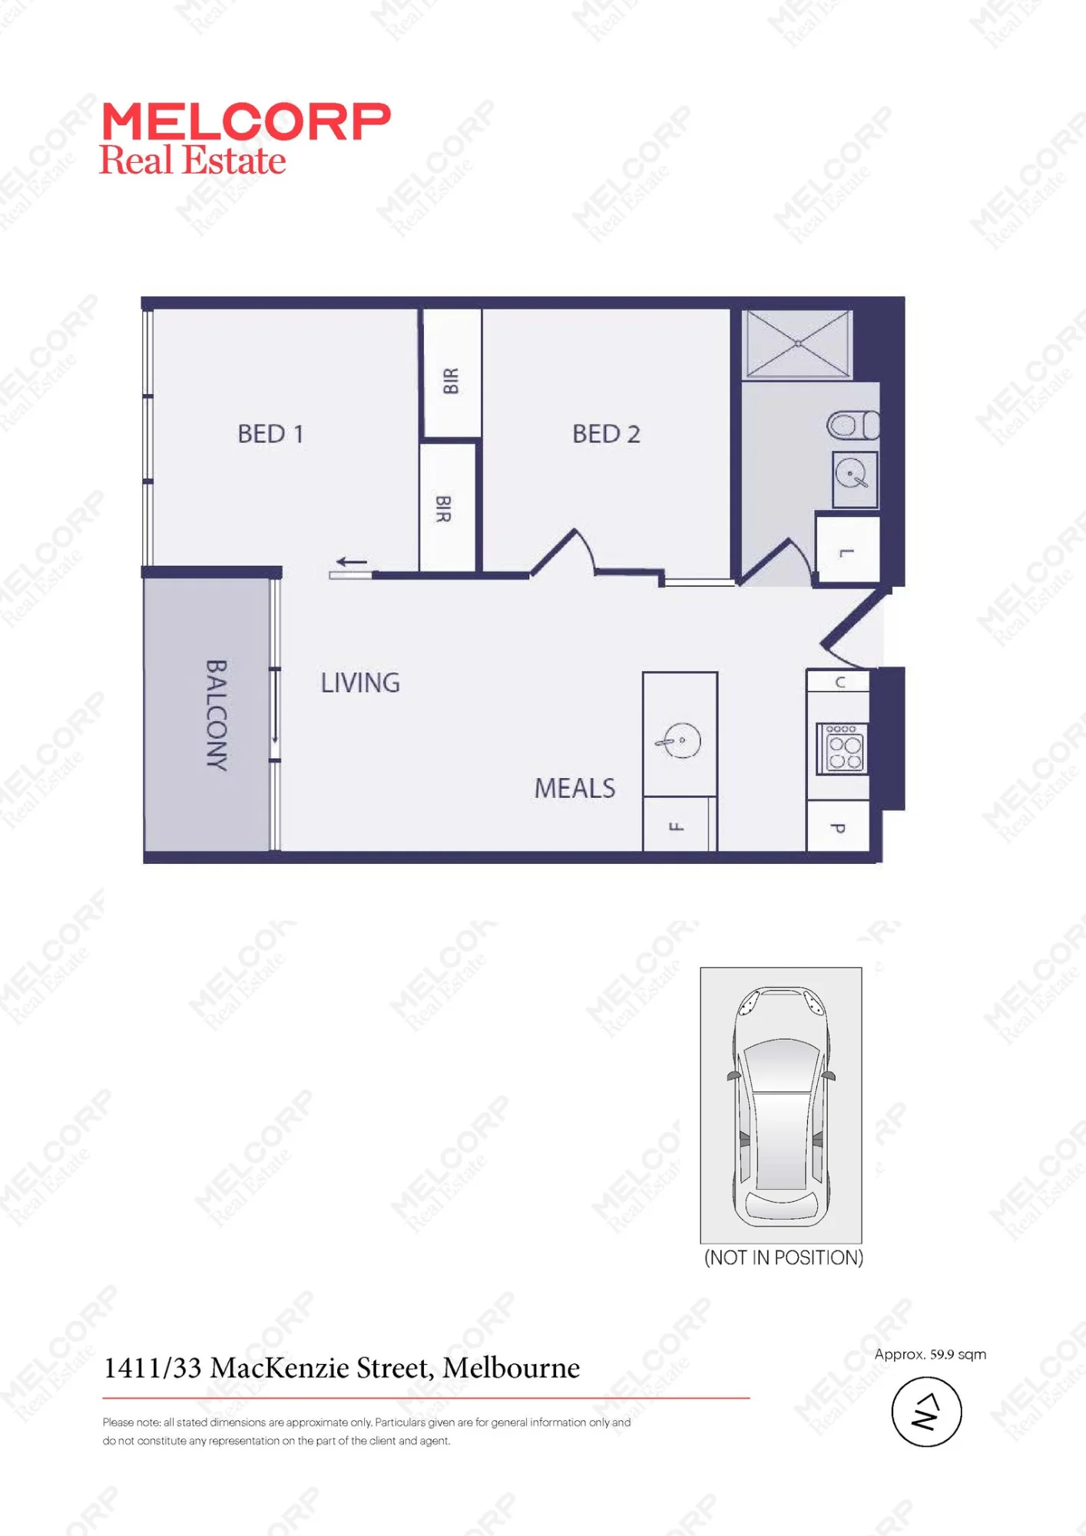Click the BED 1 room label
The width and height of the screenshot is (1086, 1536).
tap(270, 434)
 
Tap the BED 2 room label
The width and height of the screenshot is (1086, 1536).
tap(606, 434)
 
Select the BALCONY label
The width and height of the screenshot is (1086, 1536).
tap(217, 715)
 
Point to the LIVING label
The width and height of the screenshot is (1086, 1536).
tap(360, 683)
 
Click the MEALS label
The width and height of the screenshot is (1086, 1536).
tap(574, 788)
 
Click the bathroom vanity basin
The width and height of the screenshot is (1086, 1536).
tap(855, 478)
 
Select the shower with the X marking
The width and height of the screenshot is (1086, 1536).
tap(798, 343)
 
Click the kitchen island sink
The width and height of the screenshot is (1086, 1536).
tap(679, 741)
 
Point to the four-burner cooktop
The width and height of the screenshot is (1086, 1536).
tap(843, 749)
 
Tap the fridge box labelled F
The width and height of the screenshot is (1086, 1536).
tap(680, 824)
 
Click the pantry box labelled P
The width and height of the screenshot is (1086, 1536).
tap(838, 826)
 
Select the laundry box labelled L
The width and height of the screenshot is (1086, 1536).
tap(847, 550)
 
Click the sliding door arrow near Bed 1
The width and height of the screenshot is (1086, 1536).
tap(352, 561)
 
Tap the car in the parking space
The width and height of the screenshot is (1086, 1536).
tap(781, 1106)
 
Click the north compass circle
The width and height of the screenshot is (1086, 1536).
tap(926, 1412)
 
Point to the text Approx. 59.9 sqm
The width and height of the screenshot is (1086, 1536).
tap(930, 1354)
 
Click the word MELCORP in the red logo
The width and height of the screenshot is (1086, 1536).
tap(246, 122)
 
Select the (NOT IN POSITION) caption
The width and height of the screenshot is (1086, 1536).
tap(783, 1258)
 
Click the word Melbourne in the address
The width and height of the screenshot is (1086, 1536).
tap(512, 1368)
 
